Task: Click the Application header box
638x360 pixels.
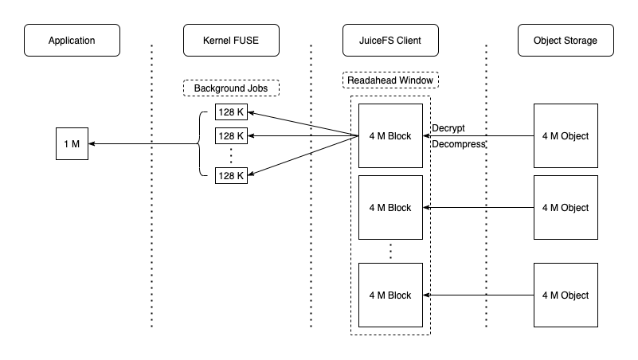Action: [x=72, y=41]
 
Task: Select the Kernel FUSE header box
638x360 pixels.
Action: [x=231, y=41]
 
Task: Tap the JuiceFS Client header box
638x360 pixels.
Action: [x=390, y=41]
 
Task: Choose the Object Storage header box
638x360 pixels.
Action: [x=566, y=41]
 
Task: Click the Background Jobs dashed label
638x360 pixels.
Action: [x=231, y=88]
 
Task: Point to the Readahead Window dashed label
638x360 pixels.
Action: [x=390, y=80]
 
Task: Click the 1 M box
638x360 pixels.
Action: [x=72, y=144]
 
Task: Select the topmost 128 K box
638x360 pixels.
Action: [x=231, y=112]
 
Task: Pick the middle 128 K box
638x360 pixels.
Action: [x=231, y=136]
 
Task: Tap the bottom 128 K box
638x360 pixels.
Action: [x=231, y=176]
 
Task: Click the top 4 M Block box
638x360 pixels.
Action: [x=390, y=136]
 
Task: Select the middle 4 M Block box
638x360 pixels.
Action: [x=390, y=208]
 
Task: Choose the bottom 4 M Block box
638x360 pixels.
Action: [x=390, y=295]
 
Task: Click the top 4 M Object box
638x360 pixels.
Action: [x=566, y=136]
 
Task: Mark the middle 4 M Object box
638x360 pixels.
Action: [x=566, y=208]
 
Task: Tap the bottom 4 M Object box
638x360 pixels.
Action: [x=566, y=295]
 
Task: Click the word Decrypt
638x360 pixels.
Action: [x=448, y=128]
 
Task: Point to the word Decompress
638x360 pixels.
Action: [x=458, y=145]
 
